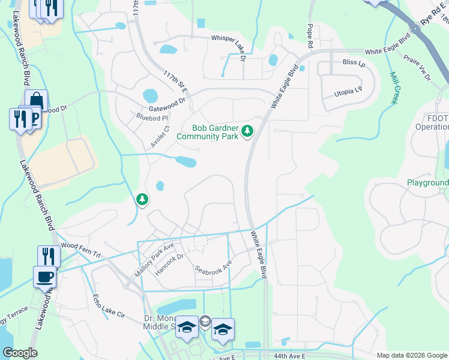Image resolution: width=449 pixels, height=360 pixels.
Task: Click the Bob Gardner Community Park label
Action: tap(208, 132)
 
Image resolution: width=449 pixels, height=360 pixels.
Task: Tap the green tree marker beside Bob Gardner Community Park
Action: tap(247, 131)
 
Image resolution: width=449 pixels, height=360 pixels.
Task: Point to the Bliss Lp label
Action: tap(353, 62)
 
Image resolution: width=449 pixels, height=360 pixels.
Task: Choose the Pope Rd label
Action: tap(310, 36)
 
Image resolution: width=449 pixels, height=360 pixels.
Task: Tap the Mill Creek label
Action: tap(394, 88)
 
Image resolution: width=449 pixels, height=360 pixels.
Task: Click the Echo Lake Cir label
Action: tap(108, 306)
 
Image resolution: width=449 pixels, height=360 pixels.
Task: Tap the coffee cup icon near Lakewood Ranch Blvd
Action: tap(44, 277)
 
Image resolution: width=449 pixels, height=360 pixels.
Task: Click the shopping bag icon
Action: tap(36, 101)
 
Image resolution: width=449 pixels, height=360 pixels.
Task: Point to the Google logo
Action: tap(20, 353)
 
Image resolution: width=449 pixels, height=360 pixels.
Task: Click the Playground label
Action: tap(428, 182)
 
